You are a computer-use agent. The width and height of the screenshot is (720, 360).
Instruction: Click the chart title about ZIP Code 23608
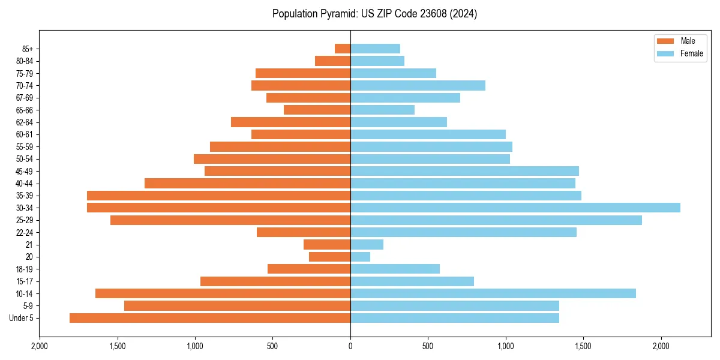374,14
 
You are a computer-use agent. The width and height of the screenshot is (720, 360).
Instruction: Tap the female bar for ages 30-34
515,208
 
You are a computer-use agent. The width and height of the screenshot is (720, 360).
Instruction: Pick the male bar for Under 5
210,318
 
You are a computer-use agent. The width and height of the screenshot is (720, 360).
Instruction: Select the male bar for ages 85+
343,49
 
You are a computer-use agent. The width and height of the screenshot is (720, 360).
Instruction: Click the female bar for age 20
360,257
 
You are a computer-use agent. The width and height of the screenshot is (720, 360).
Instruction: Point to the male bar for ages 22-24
304,232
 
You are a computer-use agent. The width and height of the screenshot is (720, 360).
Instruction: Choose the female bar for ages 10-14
493,293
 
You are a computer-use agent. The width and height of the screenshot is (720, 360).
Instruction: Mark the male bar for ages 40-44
247,183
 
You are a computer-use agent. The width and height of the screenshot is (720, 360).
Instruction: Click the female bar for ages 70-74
418,85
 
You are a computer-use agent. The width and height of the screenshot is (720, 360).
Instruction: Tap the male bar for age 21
327,245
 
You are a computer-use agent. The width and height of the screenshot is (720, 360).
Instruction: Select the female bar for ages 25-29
496,220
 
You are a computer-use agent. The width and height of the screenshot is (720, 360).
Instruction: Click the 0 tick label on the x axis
350,346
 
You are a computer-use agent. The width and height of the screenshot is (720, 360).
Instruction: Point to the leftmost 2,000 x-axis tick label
40,346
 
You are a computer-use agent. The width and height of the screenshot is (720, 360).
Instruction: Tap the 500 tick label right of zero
428,346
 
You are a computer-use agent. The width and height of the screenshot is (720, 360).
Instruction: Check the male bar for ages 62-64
290,122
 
